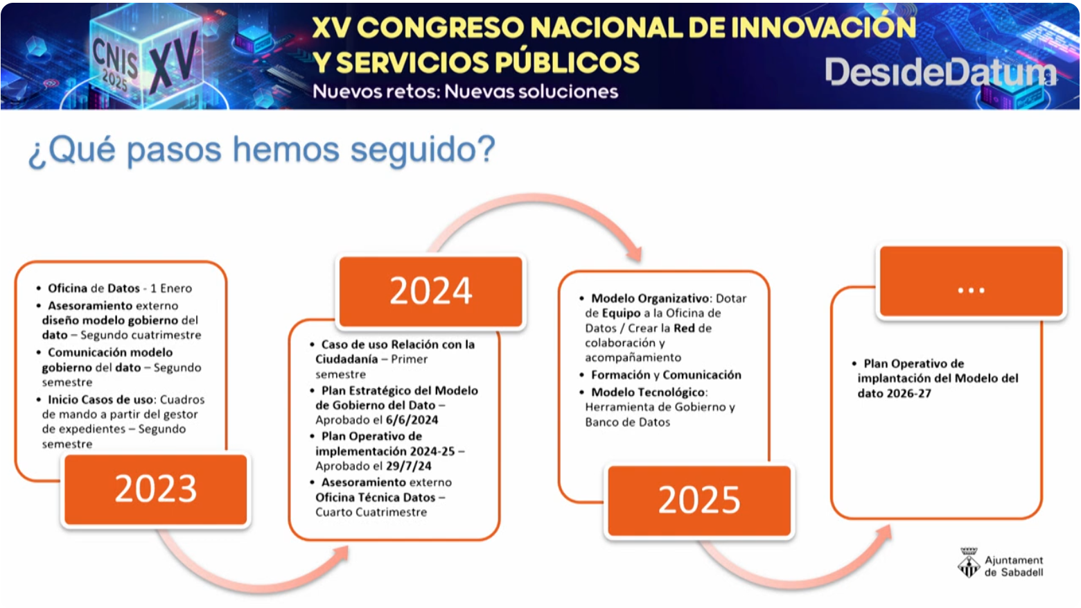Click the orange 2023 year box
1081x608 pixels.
point(155,489)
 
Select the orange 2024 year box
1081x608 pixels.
point(430,291)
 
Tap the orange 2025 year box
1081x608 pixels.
point(699,501)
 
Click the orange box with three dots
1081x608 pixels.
point(971,281)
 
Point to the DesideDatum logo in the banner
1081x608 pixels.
point(940,72)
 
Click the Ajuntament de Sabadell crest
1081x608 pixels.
point(968,563)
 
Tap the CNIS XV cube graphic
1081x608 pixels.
point(145,53)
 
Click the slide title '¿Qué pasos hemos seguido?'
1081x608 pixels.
point(261,150)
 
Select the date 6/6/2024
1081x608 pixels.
point(412,420)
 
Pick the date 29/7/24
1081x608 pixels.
point(408,466)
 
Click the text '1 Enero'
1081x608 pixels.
point(171,288)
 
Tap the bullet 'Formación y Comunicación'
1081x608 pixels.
point(666,375)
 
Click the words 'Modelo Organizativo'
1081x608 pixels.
point(650,298)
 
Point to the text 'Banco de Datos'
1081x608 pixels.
point(627,422)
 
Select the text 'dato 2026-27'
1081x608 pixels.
point(894,394)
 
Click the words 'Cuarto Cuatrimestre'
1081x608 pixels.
point(371,512)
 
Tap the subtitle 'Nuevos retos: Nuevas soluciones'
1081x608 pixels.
point(465,92)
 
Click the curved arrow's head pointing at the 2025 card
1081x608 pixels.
point(635,253)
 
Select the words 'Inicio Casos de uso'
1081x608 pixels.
point(100,400)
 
